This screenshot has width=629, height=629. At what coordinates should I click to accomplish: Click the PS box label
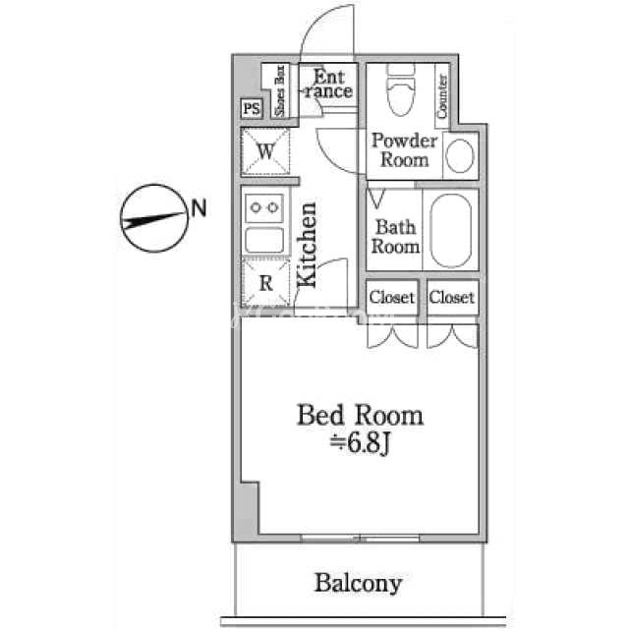click(252, 108)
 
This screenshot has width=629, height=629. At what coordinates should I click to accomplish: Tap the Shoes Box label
click(279, 90)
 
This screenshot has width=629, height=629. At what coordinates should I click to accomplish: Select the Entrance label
click(328, 84)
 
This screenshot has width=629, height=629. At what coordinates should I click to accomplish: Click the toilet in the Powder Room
click(401, 89)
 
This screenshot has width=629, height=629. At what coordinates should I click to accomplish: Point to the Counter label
click(442, 96)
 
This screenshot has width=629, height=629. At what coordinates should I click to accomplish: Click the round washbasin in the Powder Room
click(460, 156)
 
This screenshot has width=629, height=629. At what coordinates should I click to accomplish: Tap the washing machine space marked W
click(265, 151)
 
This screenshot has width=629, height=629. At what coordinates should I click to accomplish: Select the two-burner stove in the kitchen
click(264, 207)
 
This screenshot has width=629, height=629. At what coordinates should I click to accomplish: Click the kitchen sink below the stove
click(264, 240)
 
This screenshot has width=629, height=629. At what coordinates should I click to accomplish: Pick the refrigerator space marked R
click(266, 283)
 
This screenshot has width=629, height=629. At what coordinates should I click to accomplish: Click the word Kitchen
click(307, 245)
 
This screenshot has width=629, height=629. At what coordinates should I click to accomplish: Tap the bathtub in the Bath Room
click(450, 231)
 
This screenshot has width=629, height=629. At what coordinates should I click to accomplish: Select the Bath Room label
click(395, 237)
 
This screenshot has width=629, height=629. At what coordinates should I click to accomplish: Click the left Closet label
click(391, 297)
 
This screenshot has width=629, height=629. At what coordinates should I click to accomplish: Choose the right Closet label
click(452, 297)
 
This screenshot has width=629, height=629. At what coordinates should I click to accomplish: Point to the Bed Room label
click(360, 415)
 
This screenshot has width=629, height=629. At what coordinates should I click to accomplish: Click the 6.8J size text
click(360, 443)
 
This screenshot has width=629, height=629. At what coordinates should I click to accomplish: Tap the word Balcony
click(358, 584)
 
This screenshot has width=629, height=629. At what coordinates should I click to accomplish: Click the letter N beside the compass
click(199, 208)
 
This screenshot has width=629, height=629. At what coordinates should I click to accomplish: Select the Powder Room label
click(404, 149)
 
